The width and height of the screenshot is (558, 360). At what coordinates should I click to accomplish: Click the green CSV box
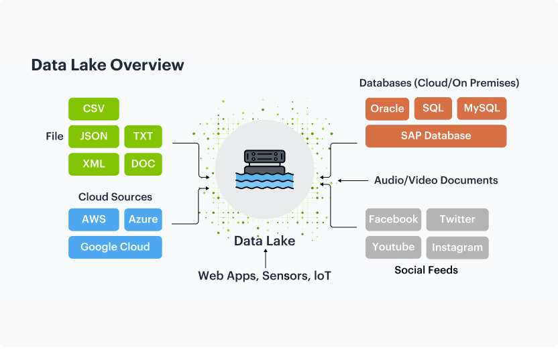(94, 109)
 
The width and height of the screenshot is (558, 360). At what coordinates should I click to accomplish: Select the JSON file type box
(94, 136)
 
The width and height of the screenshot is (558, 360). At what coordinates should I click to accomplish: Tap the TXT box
(143, 136)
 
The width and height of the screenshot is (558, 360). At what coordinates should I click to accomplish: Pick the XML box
(94, 164)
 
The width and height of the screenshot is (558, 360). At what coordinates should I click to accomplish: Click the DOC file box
(143, 164)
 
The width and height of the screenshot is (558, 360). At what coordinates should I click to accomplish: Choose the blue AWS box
(94, 219)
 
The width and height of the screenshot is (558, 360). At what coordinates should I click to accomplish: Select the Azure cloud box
(143, 219)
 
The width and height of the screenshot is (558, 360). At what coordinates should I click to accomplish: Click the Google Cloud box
(115, 247)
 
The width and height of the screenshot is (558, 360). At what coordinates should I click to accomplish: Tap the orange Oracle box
(387, 109)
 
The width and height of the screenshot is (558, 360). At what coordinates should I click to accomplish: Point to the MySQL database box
(482, 109)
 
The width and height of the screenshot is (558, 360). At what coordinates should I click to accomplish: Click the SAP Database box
(436, 135)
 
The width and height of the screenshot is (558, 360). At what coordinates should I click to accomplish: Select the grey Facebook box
(393, 219)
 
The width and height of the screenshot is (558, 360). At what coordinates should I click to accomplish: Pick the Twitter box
(457, 219)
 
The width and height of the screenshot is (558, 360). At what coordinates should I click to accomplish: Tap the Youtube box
(393, 247)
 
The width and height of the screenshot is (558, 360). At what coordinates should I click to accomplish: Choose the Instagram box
(457, 247)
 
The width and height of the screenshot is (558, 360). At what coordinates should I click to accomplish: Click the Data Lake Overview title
(107, 65)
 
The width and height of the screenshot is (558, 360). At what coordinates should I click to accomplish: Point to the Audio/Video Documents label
(436, 180)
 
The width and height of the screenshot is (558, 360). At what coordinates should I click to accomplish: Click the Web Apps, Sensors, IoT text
(264, 276)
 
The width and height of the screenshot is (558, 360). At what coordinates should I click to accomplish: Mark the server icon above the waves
(264, 158)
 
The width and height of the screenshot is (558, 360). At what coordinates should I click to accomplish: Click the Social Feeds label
(426, 270)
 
